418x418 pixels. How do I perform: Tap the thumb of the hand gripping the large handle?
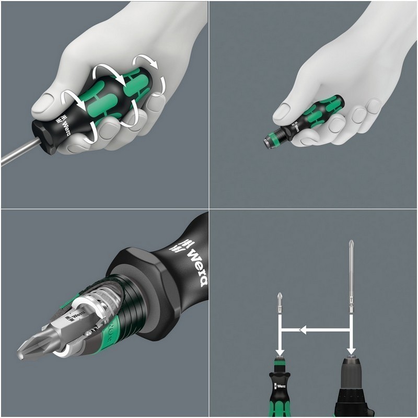[x=52, y=101]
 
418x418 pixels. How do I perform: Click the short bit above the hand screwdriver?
[x=281, y=306]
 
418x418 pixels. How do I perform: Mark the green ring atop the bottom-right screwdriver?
[x=281, y=360]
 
